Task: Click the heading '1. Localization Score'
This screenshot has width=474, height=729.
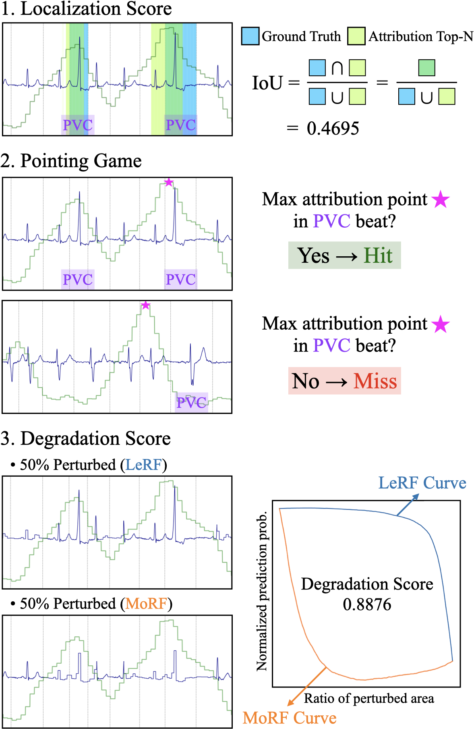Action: (x=86, y=9)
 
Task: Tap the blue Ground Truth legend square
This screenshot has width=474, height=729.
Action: (x=250, y=36)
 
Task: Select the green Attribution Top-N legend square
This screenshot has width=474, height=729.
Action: (x=356, y=36)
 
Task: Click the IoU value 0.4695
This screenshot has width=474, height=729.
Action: (x=333, y=129)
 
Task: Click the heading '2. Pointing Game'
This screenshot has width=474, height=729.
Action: (x=71, y=161)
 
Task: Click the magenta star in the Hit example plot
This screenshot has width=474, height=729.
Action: (x=169, y=182)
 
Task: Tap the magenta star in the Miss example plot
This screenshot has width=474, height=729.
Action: (x=146, y=305)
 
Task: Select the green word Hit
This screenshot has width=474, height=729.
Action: (x=378, y=255)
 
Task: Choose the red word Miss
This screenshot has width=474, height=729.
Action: (x=375, y=381)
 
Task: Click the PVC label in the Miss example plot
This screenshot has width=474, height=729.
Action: (x=192, y=402)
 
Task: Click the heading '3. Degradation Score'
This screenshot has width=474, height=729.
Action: (x=86, y=438)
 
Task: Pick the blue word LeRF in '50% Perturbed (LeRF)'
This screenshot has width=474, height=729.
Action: (x=143, y=465)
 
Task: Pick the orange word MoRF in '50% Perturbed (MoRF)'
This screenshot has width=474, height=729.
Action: (x=146, y=604)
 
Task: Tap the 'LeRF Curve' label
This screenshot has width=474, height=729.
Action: (x=422, y=483)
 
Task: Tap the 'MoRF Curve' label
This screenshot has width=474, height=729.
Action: (x=290, y=718)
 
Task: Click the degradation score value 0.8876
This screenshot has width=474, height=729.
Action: (x=367, y=604)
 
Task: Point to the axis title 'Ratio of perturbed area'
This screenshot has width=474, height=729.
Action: (x=369, y=698)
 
